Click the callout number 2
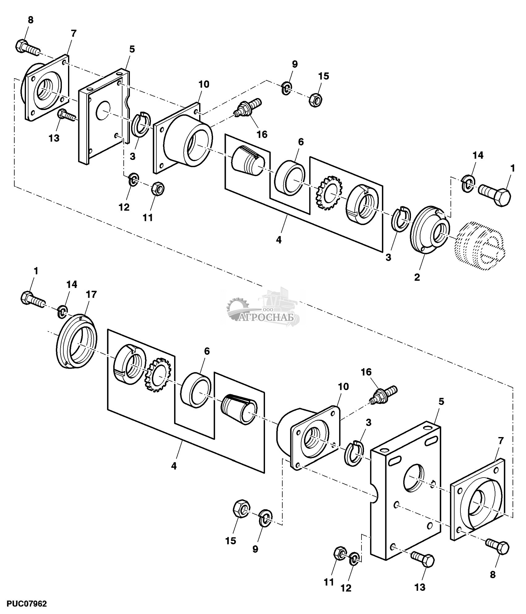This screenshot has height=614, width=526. click(417, 277)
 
